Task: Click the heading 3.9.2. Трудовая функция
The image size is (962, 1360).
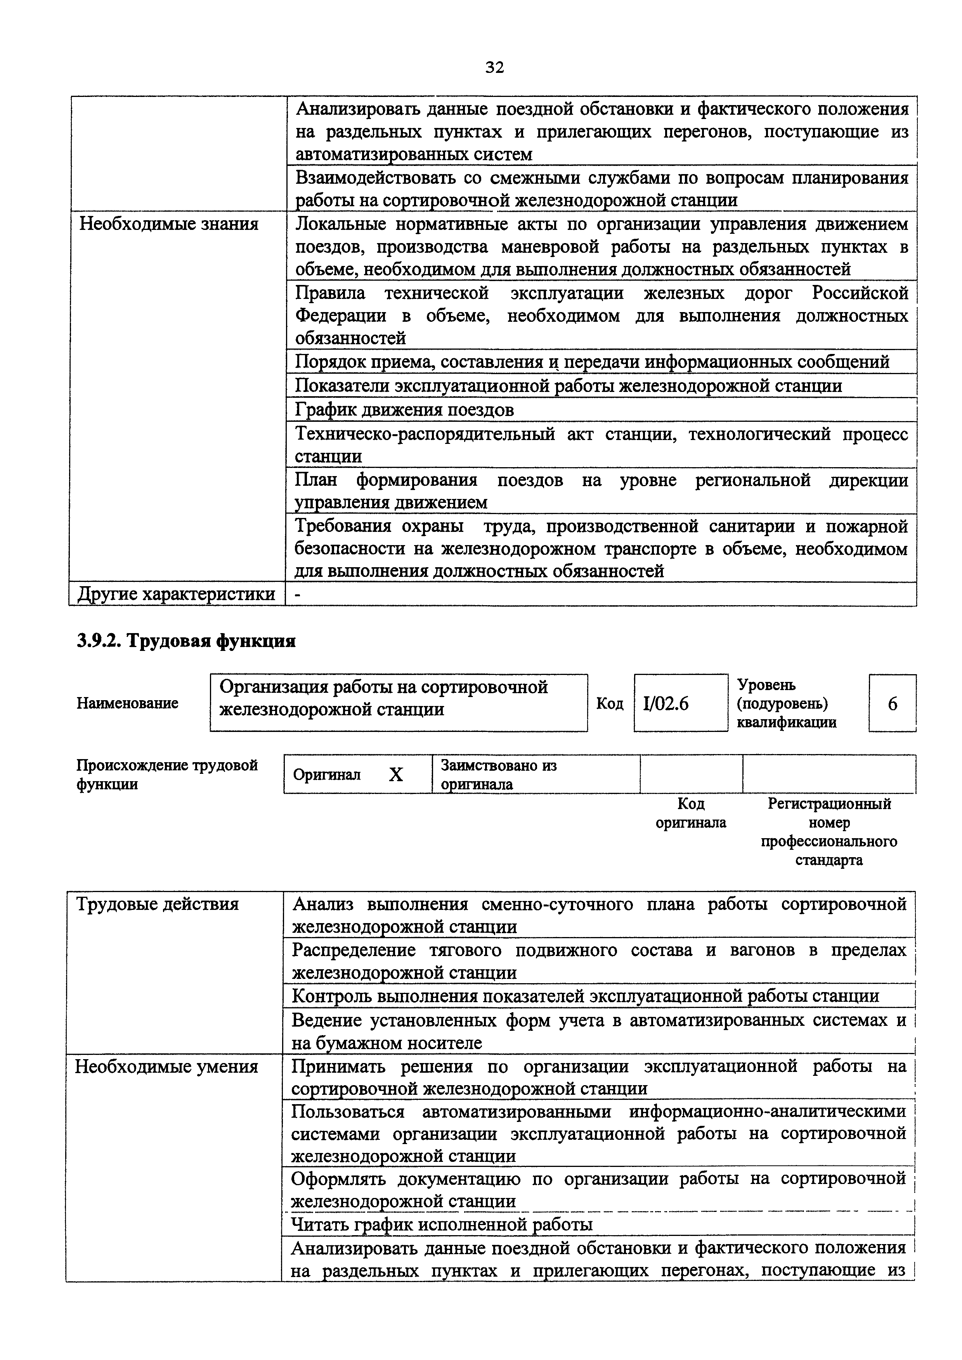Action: coord(185,642)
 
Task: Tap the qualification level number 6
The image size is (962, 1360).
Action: coord(892,704)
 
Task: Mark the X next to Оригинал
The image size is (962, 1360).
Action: coord(396,775)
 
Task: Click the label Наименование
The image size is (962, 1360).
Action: coord(127,703)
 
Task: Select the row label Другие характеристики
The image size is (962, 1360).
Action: coord(177,594)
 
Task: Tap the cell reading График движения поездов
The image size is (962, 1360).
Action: coord(404,410)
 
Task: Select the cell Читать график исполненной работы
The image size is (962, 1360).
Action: coord(442,1224)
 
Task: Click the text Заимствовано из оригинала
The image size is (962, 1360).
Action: coord(499,775)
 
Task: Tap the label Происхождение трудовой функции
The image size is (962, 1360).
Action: coord(167,775)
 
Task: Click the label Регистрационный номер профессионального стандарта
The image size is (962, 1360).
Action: coord(829,832)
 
